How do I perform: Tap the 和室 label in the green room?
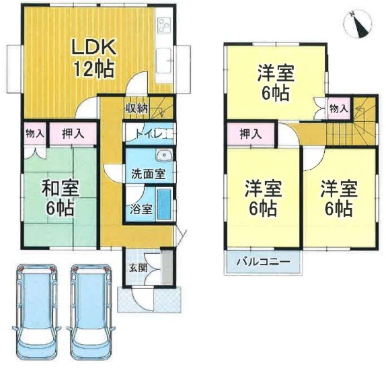click(x=61, y=189)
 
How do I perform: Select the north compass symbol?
click(x=357, y=25)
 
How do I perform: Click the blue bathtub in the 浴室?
click(x=164, y=205)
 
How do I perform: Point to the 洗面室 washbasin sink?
click(x=163, y=156)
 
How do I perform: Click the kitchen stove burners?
click(x=164, y=25)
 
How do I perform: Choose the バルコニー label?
click(x=263, y=261)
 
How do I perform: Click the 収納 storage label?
click(x=137, y=108)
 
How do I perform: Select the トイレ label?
click(x=149, y=135)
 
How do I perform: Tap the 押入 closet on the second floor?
click(x=251, y=134)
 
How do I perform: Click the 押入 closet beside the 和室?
click(x=73, y=134)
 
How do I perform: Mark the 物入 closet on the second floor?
click(x=339, y=108)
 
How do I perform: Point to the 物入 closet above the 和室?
click(x=35, y=134)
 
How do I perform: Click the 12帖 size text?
click(x=94, y=69)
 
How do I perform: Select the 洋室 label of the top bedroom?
click(x=276, y=73)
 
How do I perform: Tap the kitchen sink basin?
click(x=163, y=61)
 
